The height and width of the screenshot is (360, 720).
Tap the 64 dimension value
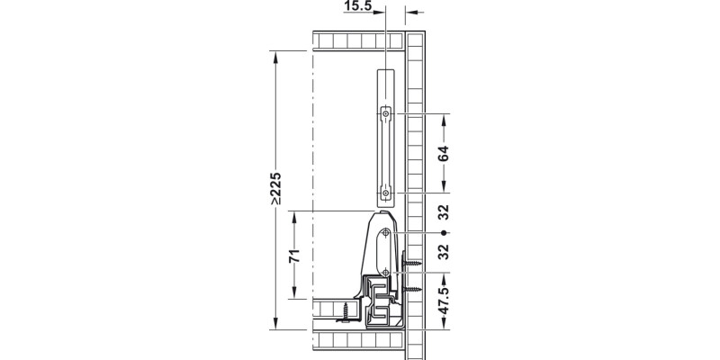[444, 153]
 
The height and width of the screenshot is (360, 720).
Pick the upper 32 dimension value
[444, 214]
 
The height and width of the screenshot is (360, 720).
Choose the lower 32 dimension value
[444, 252]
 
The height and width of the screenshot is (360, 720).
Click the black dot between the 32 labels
[444, 233]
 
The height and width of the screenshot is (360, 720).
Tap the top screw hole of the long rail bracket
[385, 113]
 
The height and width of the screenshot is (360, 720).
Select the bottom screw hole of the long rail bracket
[385, 193]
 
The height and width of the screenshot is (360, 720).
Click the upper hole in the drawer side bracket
[385, 233]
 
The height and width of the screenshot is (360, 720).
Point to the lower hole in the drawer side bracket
[385, 271]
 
